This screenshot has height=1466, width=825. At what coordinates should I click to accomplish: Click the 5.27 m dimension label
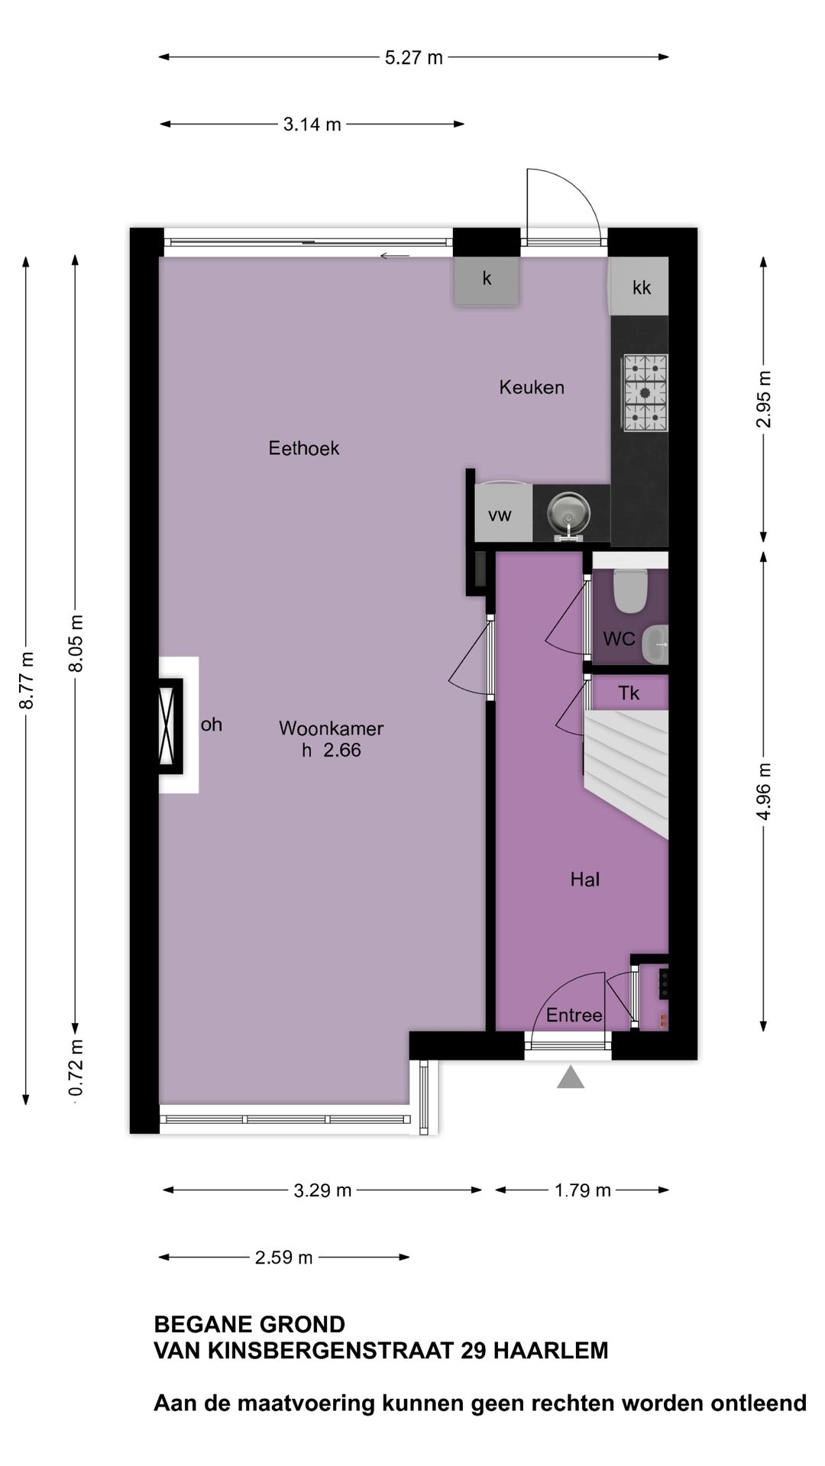413,57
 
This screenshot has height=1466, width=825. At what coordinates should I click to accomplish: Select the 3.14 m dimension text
312,124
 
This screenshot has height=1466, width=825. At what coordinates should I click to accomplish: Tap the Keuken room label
532,387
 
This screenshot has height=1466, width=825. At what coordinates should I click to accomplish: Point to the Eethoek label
303,448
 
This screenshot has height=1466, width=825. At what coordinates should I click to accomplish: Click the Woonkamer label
331,728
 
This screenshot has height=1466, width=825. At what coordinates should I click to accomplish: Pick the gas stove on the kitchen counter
645,393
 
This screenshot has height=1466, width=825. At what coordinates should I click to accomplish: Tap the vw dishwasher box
500,515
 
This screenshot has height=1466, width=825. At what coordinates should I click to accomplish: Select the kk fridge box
641,287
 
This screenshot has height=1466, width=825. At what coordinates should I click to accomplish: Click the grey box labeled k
487,280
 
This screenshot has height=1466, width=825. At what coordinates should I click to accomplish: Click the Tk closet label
629,693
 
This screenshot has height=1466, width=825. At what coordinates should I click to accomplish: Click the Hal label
584,880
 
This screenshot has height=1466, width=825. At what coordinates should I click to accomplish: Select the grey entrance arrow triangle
570,1078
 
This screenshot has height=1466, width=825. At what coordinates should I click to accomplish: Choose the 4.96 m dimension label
765,790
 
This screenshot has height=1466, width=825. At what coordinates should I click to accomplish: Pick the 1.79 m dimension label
582,1190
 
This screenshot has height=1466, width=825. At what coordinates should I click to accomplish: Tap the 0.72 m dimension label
76,1067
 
